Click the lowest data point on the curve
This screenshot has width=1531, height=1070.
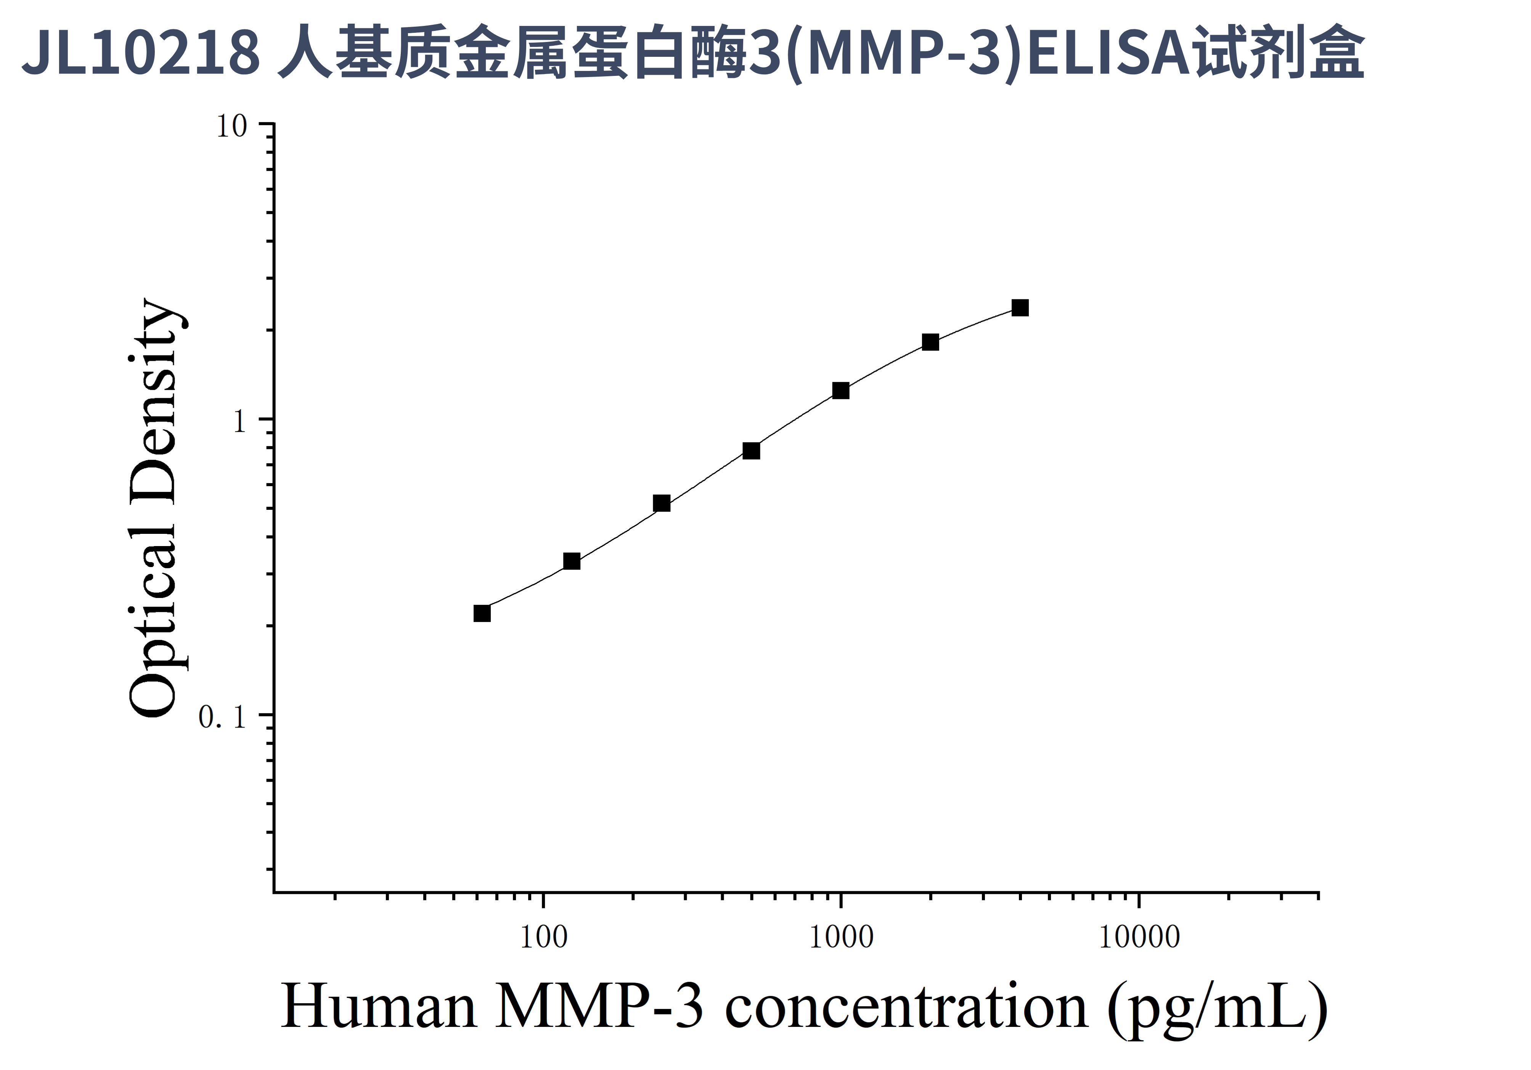482,613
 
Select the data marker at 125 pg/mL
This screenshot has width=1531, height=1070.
572,561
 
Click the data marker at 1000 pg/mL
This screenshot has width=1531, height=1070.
841,390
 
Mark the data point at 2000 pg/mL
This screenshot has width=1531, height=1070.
930,342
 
